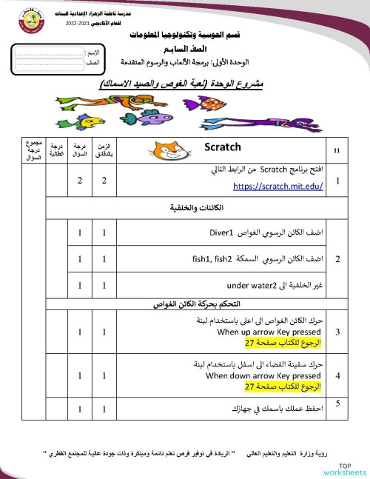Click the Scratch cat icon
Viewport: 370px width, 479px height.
click(169, 150)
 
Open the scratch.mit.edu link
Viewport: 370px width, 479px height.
click(278, 187)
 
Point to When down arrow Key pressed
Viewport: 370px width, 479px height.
click(264, 375)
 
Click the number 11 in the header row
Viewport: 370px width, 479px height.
click(337, 151)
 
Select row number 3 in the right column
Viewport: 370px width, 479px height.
click(337, 332)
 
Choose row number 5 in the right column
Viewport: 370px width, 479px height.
click(337, 403)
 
